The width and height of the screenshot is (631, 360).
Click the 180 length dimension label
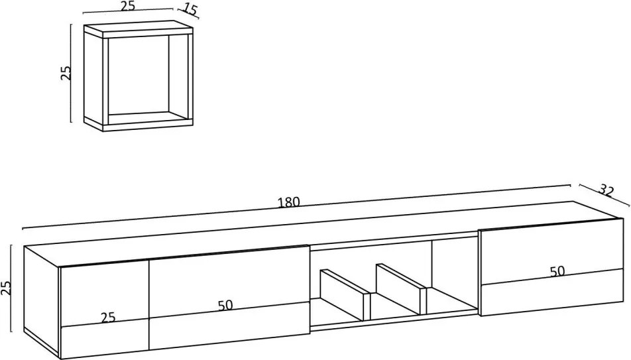point(289,202)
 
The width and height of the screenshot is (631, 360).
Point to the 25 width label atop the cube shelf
point(127,6)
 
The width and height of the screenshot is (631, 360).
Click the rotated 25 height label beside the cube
point(66,72)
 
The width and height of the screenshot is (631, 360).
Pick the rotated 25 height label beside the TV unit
point(6,288)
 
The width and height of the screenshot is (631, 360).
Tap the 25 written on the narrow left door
point(108,318)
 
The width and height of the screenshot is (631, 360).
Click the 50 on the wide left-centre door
point(225,305)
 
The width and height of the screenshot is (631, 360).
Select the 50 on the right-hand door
point(557,271)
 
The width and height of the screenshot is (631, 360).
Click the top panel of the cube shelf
point(138,31)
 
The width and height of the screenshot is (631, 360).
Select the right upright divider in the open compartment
point(401,288)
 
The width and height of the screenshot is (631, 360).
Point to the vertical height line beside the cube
point(71,73)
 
